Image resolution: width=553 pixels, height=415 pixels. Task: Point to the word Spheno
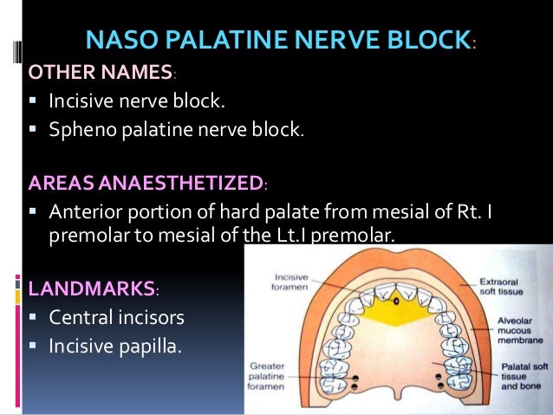[x=83, y=130]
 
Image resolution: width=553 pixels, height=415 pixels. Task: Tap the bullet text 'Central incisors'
[x=116, y=316]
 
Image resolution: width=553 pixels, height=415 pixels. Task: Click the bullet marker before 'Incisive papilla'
[x=33, y=346]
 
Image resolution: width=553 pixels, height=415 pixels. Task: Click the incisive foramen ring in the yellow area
[x=395, y=303]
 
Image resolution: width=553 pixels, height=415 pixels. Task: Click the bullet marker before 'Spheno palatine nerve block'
[x=33, y=131]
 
